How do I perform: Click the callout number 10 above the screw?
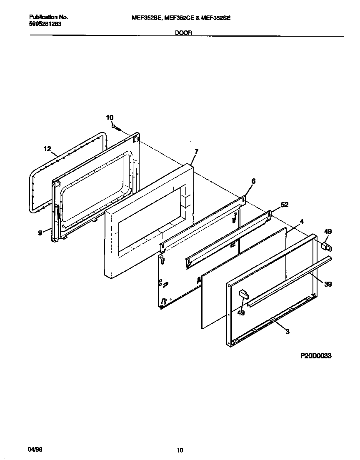(x=110, y=117)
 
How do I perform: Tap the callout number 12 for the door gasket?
(x=47, y=149)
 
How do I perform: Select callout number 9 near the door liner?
(x=40, y=233)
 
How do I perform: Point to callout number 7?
(x=196, y=151)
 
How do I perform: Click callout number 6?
(x=253, y=181)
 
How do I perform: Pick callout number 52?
(x=285, y=205)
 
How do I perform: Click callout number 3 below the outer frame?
(x=287, y=332)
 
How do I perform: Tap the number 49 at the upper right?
(x=328, y=231)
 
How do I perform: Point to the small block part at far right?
(x=326, y=246)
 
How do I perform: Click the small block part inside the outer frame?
(x=243, y=295)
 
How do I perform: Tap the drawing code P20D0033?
(x=315, y=356)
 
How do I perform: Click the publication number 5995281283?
(x=45, y=24)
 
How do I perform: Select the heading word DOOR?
(x=183, y=33)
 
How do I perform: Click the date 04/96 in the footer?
(x=35, y=450)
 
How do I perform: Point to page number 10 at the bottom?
(x=180, y=450)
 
